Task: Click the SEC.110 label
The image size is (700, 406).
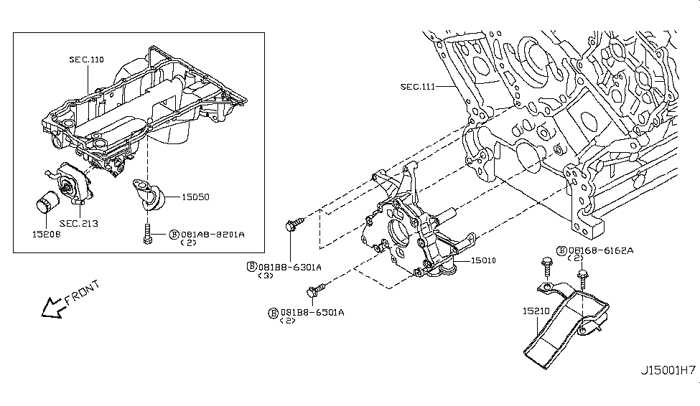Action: (x=87, y=60)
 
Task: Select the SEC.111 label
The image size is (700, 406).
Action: (x=417, y=87)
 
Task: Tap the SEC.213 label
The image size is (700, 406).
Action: (x=78, y=224)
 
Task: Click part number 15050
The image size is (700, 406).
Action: (x=195, y=195)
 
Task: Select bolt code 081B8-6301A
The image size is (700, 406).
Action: (x=289, y=267)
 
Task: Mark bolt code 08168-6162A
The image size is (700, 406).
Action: (x=601, y=251)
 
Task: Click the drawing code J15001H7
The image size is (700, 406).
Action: (x=668, y=371)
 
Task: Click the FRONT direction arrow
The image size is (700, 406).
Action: (x=52, y=308)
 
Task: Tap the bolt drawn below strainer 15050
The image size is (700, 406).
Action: (x=147, y=234)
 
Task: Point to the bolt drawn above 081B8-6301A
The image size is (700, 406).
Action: (x=294, y=228)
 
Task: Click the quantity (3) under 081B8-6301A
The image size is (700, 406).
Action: (x=266, y=276)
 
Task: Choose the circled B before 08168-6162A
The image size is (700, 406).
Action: (x=561, y=251)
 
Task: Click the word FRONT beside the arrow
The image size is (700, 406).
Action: (x=81, y=293)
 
